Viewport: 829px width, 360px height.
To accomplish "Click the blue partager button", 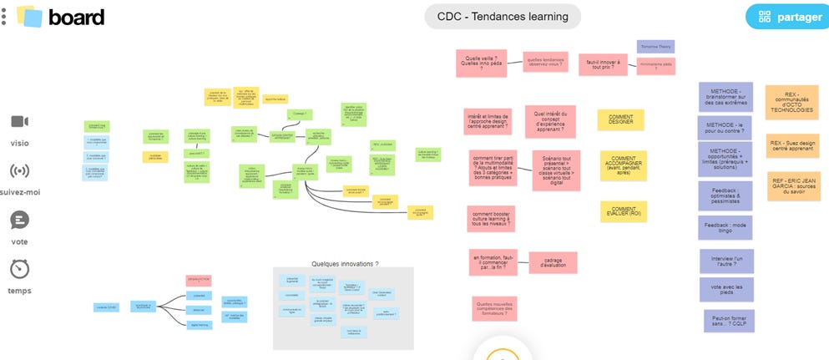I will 786,17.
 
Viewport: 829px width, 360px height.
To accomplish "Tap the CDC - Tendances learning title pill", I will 503,17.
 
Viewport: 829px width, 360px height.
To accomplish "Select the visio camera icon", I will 19,122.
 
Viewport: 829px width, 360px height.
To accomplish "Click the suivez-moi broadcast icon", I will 19,172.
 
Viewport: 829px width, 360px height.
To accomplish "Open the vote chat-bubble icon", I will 19,221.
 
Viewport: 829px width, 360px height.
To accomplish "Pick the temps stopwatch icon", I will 19,270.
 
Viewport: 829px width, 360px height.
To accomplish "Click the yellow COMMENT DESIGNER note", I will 620,120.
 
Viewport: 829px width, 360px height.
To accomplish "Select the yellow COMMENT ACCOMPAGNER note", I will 624,165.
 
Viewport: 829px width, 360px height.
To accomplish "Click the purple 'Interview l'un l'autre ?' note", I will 727,261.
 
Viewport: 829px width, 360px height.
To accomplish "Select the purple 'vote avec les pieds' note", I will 727,289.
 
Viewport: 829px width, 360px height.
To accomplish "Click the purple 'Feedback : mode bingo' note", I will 725,227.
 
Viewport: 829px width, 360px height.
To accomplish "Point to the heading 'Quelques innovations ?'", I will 345,264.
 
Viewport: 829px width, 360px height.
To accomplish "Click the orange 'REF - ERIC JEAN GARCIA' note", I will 794,186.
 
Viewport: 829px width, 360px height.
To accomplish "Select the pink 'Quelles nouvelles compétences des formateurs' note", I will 494,308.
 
